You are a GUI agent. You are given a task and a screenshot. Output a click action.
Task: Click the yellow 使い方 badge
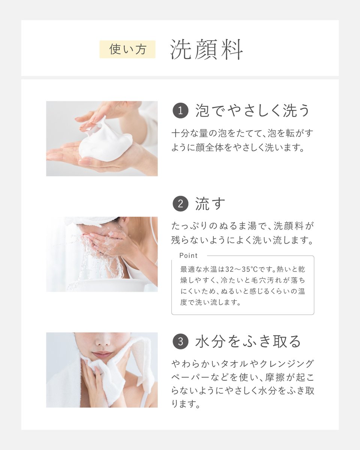[127, 49]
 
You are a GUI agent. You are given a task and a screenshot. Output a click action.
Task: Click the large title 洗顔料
[206, 49]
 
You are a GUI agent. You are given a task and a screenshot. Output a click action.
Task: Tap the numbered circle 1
[180, 111]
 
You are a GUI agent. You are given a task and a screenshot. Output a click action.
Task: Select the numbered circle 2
[180, 204]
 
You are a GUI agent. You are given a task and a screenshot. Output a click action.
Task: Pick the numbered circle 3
[180, 342]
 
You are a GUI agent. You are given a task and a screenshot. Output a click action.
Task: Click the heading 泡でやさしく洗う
[252, 111]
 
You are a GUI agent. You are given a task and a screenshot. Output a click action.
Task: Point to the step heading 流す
[210, 204]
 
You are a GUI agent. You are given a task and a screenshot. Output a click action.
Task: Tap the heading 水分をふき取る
[248, 341]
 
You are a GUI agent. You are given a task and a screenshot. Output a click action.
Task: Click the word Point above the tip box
[189, 255]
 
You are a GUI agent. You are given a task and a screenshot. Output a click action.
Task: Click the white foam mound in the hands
[106, 141]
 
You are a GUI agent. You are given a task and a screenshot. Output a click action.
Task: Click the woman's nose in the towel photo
[103, 341]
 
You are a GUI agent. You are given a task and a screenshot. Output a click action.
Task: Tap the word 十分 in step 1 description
[180, 133]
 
